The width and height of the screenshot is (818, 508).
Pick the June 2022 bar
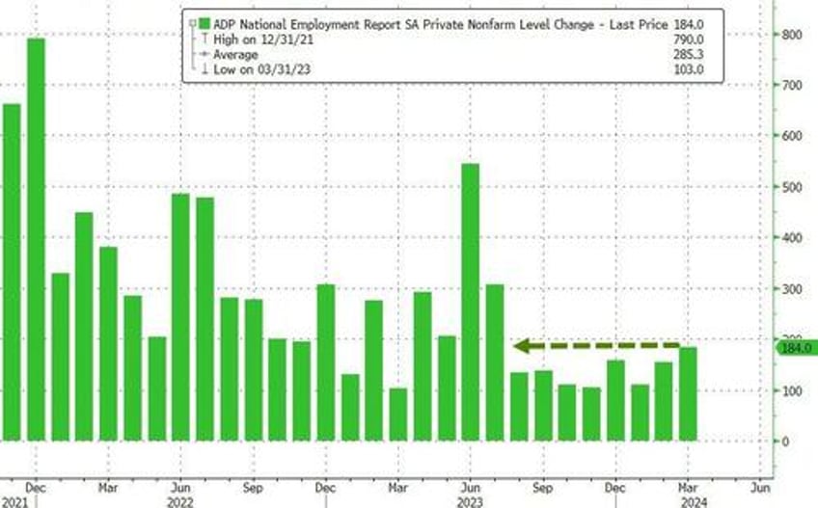180,317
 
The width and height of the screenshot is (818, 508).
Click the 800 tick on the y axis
790,35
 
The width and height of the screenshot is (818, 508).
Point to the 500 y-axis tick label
790,187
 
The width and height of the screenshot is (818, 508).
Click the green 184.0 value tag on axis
796,348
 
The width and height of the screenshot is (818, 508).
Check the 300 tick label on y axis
790,289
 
